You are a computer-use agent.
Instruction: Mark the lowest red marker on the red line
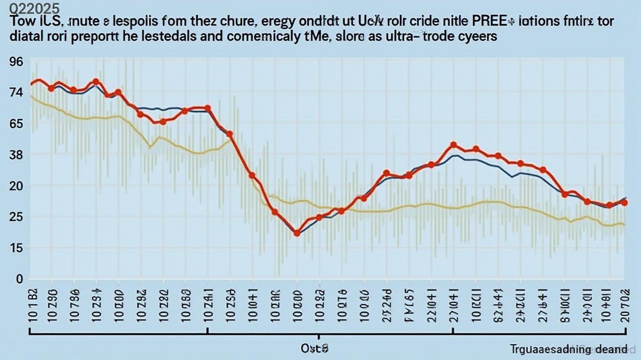pos(297,233)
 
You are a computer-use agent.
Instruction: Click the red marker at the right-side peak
pos(453,145)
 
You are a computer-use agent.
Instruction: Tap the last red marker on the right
pos(624,202)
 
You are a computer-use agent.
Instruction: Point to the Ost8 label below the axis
pos(314,349)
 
